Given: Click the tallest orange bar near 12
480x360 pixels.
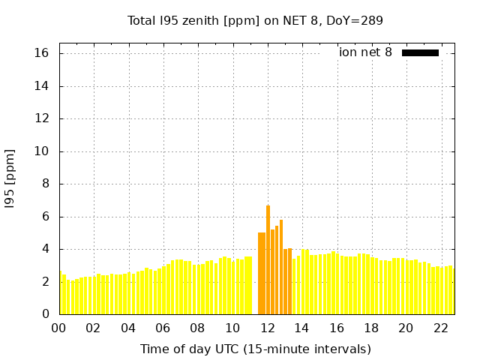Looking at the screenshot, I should click(268, 259).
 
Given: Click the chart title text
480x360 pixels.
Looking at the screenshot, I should click(255, 21).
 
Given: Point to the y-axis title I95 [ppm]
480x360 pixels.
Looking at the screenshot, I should click(10, 178).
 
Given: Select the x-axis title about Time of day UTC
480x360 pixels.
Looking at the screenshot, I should click(255, 349).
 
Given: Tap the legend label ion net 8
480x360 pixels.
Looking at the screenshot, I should click(365, 52).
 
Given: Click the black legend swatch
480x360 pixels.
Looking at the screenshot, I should click(420, 52).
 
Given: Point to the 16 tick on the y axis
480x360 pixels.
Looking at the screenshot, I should click(41, 53).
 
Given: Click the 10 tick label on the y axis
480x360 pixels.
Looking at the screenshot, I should click(41, 151).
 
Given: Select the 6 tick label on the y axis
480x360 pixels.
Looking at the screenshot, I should click(45, 217).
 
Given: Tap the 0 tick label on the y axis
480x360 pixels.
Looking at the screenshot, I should click(45, 314).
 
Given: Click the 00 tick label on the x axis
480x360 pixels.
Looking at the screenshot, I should click(58, 328).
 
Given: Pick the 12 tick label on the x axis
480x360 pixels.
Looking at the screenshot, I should click(267, 328).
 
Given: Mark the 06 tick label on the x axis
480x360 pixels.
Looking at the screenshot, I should click(163, 328).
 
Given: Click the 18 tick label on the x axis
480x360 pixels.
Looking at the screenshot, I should click(371, 328).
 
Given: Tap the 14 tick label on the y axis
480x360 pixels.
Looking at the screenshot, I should click(41, 86).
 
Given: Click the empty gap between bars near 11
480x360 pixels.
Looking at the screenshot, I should click(255, 292).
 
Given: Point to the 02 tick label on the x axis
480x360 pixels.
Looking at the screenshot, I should click(93, 328).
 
